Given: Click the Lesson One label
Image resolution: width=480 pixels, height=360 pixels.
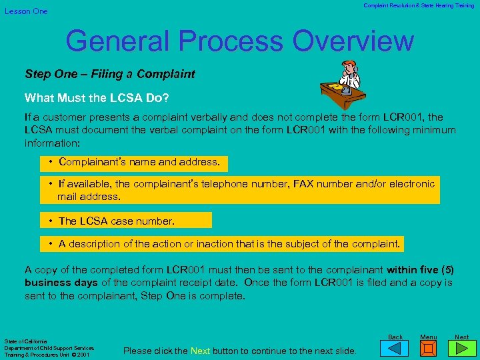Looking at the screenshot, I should (27, 11).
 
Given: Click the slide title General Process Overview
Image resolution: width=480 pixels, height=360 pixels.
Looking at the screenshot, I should (239, 41).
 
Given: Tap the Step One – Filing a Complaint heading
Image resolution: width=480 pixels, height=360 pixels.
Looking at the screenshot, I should (110, 74).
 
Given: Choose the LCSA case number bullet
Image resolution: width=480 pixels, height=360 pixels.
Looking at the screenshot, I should (116, 221).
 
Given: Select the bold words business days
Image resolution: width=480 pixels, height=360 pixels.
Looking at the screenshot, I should (61, 283).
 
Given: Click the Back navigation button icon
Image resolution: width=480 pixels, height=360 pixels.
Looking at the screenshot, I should (396, 347).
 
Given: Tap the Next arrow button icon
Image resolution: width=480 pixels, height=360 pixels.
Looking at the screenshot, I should (461, 347).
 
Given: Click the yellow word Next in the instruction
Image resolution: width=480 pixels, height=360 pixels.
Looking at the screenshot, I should (200, 351).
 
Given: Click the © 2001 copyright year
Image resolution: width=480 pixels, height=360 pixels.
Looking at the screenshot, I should (83, 355).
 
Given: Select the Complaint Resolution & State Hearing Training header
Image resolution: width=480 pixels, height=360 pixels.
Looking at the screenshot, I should (419, 5).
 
